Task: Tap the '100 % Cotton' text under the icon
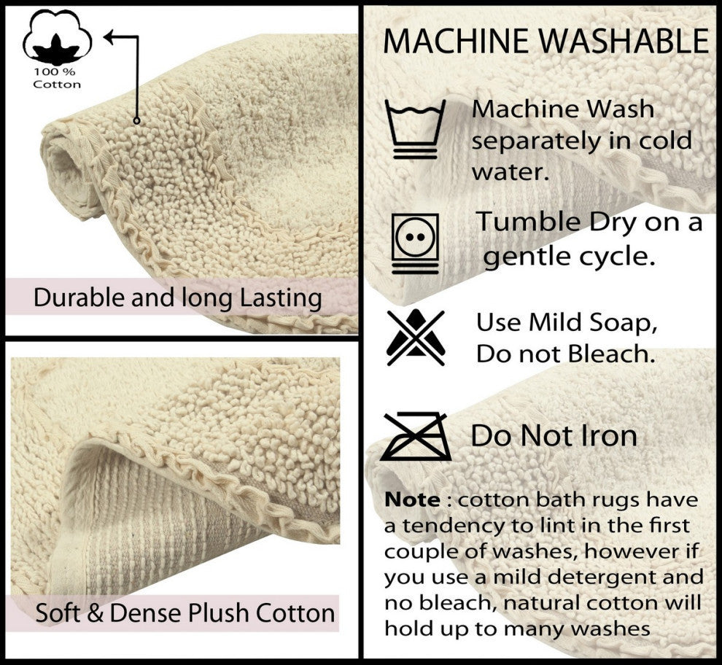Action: [58, 79]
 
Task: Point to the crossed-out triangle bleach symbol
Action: [416, 337]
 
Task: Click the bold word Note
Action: [412, 500]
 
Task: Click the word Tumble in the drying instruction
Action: [527, 222]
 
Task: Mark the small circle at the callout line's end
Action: [136, 120]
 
